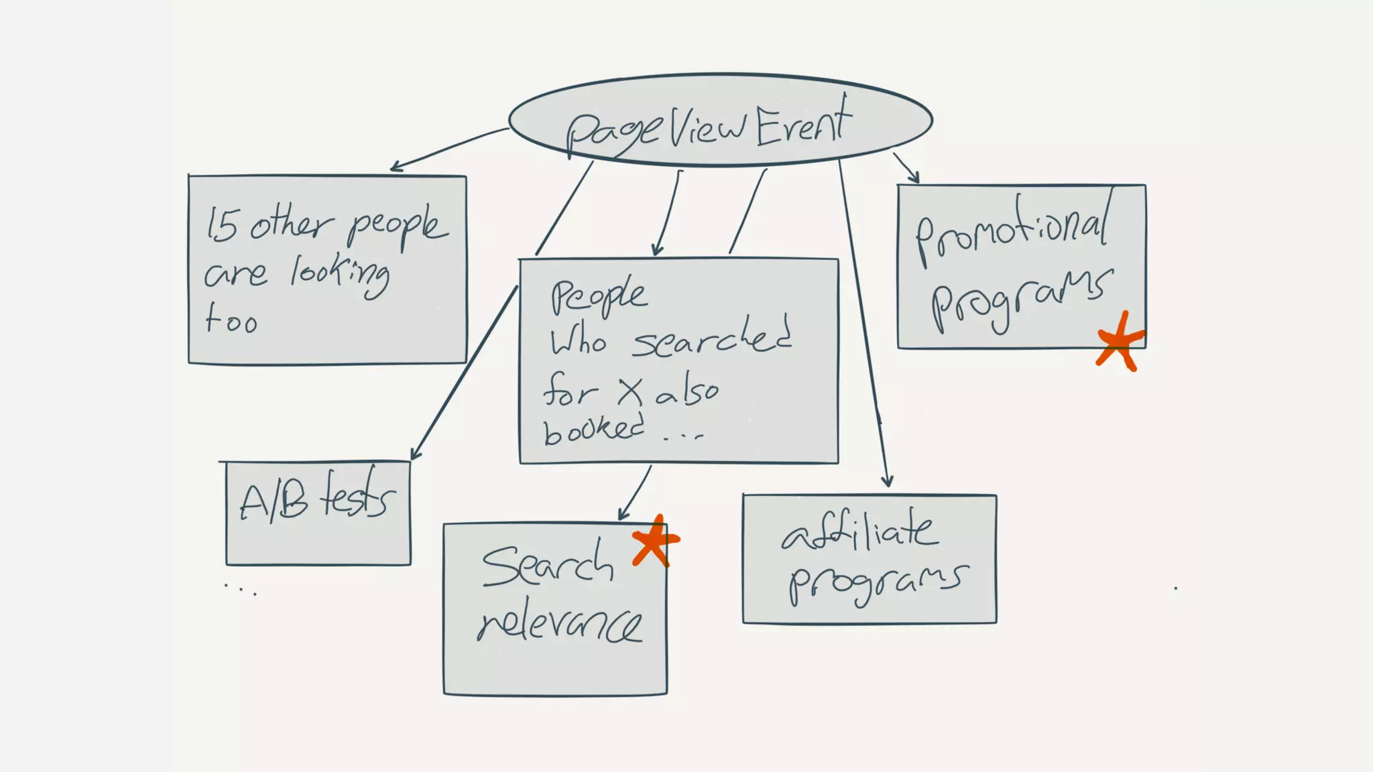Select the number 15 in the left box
[221, 224]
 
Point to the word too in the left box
[231, 319]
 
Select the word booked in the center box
[593, 429]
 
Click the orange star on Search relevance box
[655, 540]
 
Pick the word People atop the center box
[599, 296]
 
